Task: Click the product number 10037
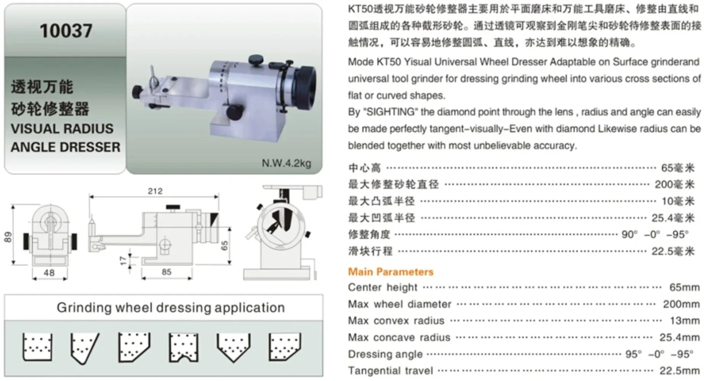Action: [x=66, y=31]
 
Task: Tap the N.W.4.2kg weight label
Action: [x=286, y=163]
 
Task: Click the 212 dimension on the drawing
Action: [x=155, y=191]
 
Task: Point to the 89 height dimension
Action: [x=8, y=237]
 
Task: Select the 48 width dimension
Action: [x=49, y=273]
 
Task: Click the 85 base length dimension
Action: [x=167, y=272]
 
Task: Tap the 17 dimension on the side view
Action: [x=123, y=261]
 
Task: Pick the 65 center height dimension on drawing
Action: [x=224, y=245]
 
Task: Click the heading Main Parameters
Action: [x=390, y=272]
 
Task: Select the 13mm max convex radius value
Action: [x=684, y=321]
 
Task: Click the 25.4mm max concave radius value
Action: [x=680, y=337]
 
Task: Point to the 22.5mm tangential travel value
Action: [x=680, y=370]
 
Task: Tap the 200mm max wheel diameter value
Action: [x=681, y=304]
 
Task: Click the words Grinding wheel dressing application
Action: [x=171, y=307]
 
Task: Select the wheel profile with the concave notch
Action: [x=183, y=347]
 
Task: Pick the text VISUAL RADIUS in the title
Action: [x=62, y=129]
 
